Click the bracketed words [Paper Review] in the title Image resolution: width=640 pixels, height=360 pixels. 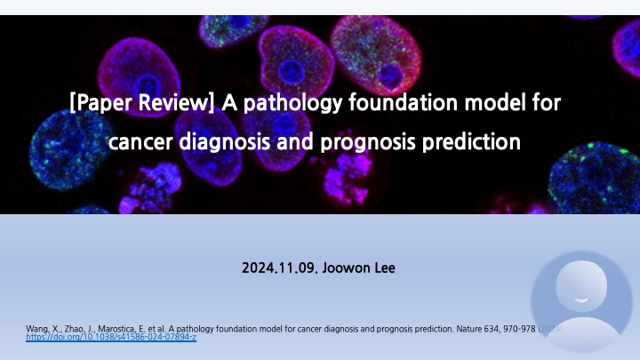pyautogui.click(x=142, y=103)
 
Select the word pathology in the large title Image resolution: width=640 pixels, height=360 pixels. pyautogui.click(x=292, y=103)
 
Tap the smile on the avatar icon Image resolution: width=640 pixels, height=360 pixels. pyautogui.click(x=581, y=299)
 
